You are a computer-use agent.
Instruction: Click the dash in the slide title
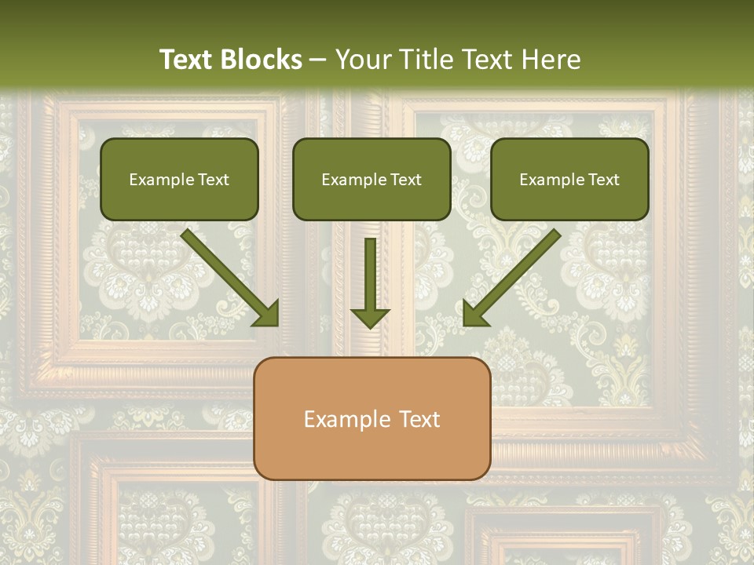click(x=318, y=60)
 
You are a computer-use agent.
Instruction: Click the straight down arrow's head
click(x=370, y=317)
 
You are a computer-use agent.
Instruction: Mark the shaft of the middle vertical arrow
click(x=370, y=271)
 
